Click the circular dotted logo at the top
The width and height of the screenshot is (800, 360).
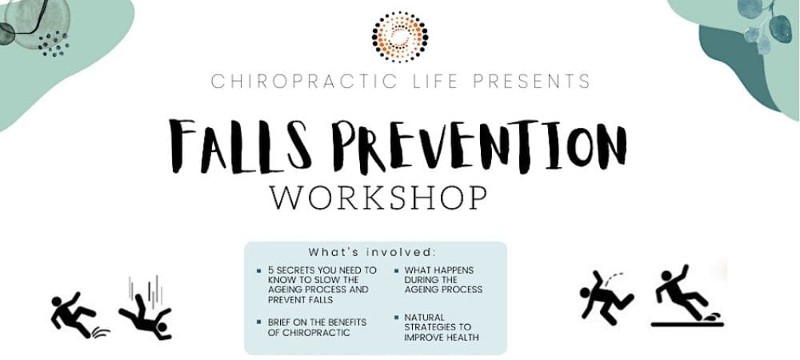coord(400,37)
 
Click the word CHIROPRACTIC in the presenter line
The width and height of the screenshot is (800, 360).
coord(304,82)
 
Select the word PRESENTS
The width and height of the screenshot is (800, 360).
coord(531,82)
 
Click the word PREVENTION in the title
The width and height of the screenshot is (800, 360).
coord(479,146)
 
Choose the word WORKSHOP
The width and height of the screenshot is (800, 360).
coord(378,198)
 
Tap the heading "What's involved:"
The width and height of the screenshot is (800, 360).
coord(372,253)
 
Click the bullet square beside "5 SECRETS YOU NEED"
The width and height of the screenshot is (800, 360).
coord(259,270)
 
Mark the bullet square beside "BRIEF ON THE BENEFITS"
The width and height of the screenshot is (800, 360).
coord(259,322)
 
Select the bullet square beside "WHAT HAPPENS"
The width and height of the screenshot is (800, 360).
coord(396,270)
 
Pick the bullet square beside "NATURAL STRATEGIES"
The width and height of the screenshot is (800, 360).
coord(396,318)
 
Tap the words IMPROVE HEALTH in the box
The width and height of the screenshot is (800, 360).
coord(442,337)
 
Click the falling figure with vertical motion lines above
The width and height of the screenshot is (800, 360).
coord(146,309)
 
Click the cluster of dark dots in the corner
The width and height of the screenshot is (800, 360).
coord(54,44)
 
